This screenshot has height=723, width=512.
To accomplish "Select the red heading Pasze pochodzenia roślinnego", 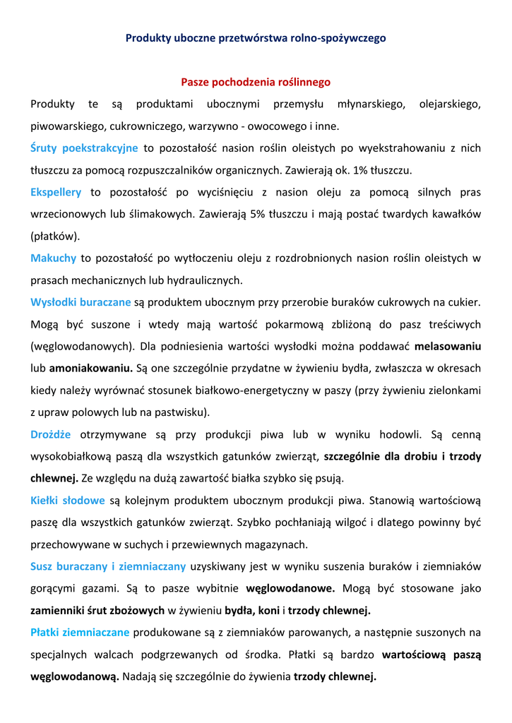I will coord(256,83).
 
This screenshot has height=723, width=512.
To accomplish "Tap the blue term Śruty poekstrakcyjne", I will coord(84,148).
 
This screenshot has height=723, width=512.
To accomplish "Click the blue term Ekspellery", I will coord(56,192).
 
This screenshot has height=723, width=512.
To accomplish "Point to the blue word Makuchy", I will coord(53,258).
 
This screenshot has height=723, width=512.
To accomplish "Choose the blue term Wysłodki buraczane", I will coord(81,302).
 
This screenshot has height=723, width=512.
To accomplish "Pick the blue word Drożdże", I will coord(51,434).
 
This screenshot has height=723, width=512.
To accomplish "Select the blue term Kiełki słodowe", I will coord(68,501).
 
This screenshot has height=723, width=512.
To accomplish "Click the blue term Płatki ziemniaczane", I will coord(80,632).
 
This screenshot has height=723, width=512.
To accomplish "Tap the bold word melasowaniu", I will coord(447,347).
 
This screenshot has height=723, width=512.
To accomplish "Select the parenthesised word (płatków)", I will coord(55,236).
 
